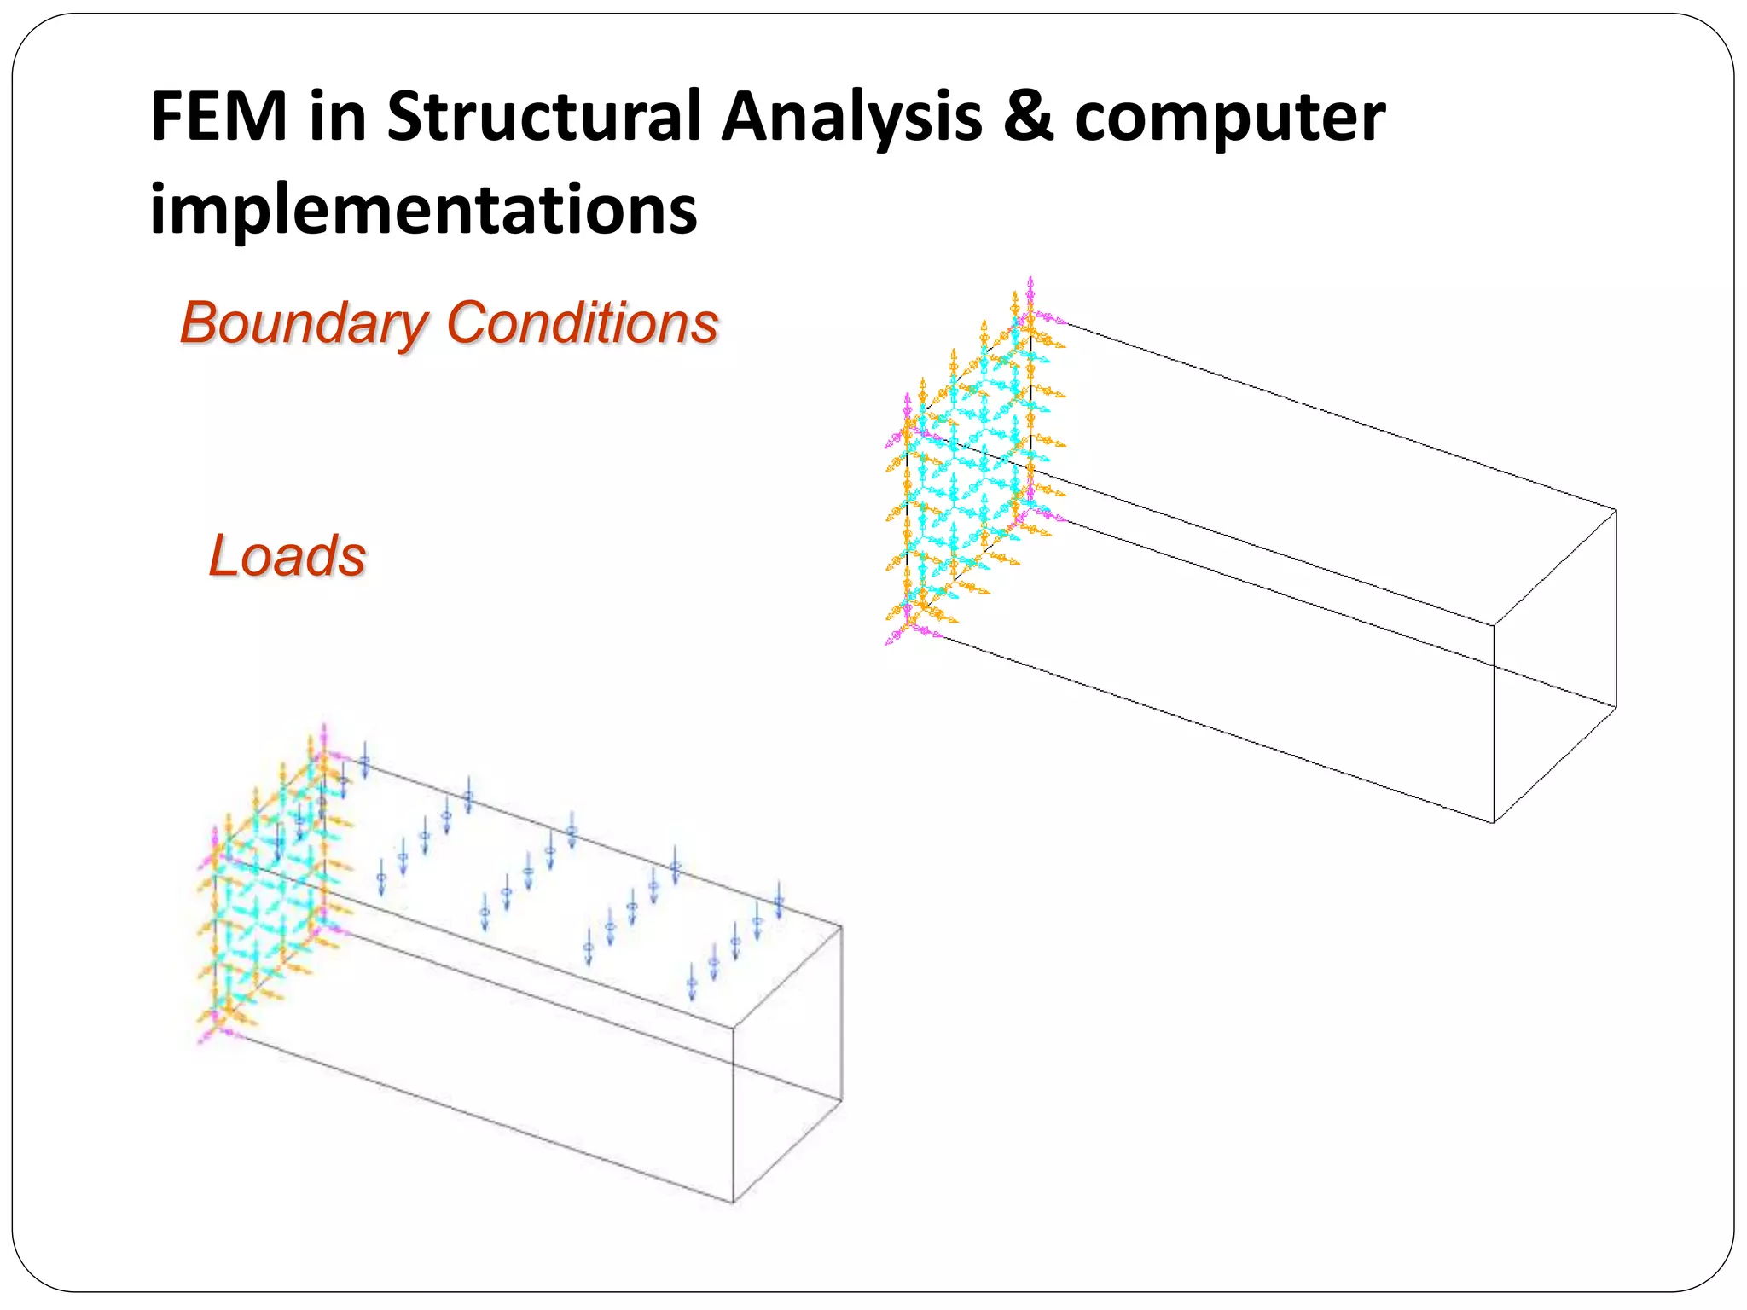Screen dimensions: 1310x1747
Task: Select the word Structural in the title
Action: [543, 117]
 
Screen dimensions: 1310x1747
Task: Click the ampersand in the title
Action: [1028, 117]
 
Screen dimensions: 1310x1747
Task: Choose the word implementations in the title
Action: [423, 209]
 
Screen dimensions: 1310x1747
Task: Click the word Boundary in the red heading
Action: [304, 324]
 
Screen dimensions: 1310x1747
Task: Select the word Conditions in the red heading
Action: [582, 324]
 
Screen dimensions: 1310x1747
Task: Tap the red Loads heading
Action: [287, 556]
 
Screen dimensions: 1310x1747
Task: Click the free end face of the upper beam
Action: [1554, 665]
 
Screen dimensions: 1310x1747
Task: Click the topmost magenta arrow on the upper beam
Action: [1030, 287]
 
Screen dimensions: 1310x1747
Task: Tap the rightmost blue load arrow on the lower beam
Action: [779, 901]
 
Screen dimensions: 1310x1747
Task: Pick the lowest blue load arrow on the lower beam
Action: [692, 985]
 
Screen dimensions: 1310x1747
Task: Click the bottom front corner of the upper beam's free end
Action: [1494, 822]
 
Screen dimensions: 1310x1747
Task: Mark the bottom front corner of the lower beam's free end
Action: [733, 1202]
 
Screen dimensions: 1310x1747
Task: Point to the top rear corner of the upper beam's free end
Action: [1616, 511]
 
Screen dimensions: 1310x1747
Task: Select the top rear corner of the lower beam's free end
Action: [841, 927]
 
